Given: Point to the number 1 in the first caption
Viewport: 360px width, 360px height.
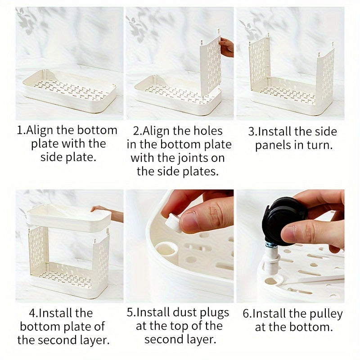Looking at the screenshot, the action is [20, 130].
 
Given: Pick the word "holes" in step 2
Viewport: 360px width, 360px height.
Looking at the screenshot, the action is [208, 131].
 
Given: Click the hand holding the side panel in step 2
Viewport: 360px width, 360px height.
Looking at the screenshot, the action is [226, 47].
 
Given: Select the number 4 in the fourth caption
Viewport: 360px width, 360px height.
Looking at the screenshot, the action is [32, 313].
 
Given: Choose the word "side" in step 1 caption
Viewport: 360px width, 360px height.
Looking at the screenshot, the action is [51, 157].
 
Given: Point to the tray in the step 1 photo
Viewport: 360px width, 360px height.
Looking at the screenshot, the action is [69, 91].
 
